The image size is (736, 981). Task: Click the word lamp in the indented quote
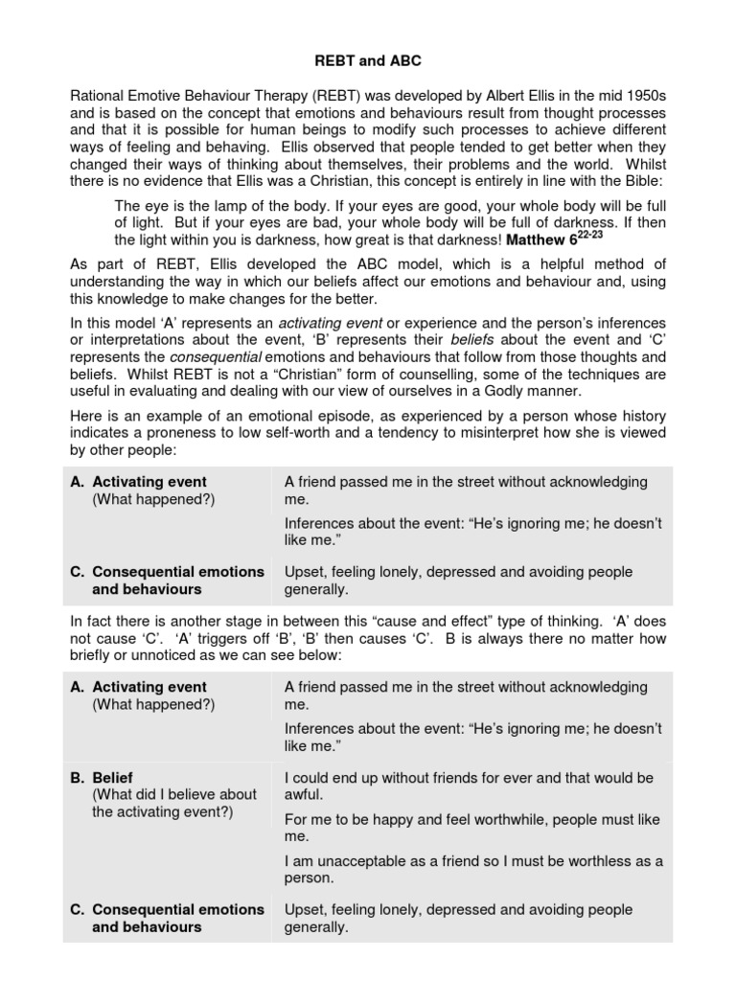207,204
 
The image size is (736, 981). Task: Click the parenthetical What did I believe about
174,794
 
